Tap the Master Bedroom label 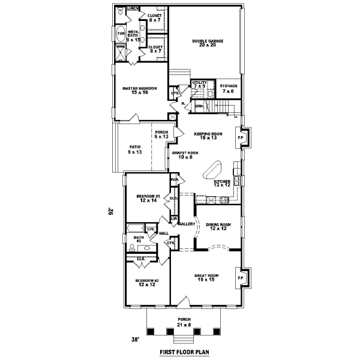click(139, 91)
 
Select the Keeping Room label click(208, 136)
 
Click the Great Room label click(206, 278)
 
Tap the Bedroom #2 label click(147, 283)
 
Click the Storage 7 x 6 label click(228, 88)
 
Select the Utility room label click(199, 84)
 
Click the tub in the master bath click(121, 33)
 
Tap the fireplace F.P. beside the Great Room click(241, 278)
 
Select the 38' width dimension click(136, 340)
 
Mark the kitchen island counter click(215, 169)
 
